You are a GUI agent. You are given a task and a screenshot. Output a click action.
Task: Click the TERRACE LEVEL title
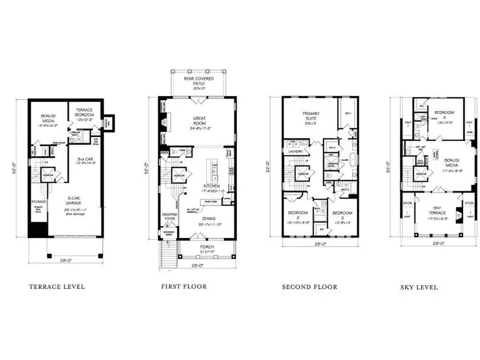[x=57, y=287]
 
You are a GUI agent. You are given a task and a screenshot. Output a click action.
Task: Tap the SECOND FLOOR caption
[x=310, y=287]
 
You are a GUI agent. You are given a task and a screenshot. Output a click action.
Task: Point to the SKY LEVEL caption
[x=419, y=287]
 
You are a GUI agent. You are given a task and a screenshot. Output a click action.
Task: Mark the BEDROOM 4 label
[x=445, y=114]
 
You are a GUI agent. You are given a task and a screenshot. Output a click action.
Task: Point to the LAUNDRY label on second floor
[x=294, y=152]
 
